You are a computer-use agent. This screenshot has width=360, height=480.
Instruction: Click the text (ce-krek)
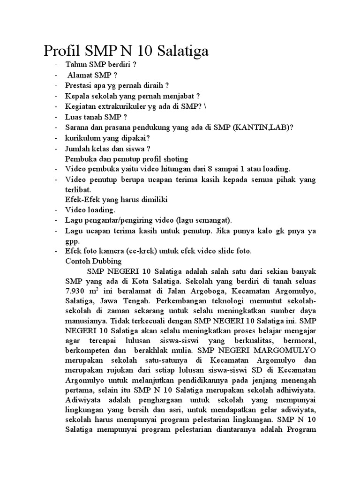coord(128,251)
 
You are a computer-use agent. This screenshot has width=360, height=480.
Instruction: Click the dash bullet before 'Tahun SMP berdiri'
coord(57,65)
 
